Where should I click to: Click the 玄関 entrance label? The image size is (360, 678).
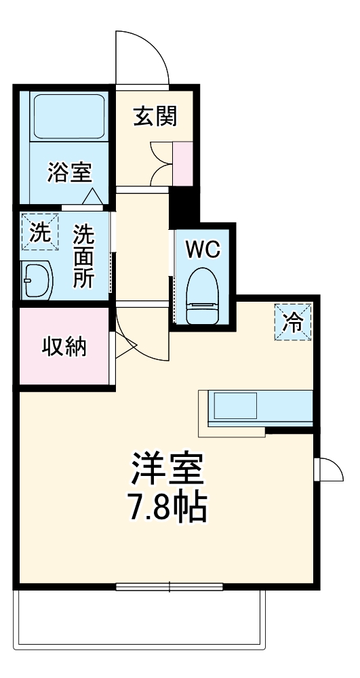click(x=154, y=117)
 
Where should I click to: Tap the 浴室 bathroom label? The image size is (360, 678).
click(x=68, y=173)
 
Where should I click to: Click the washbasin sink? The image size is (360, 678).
click(x=38, y=280)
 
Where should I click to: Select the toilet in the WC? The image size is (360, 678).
click(x=201, y=296)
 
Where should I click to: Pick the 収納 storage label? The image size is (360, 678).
click(x=64, y=347)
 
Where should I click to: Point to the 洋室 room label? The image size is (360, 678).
click(x=167, y=468)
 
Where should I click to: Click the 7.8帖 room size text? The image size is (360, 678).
click(x=167, y=506)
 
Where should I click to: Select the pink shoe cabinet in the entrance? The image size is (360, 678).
click(x=183, y=163)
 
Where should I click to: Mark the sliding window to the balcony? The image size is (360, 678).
click(x=169, y=586)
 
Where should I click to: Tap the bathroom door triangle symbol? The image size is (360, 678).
click(x=93, y=197)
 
